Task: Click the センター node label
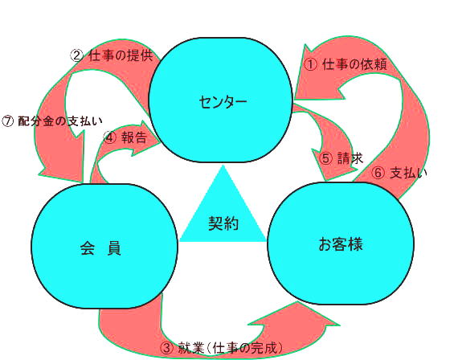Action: click(223, 102)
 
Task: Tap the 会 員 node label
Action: click(100, 248)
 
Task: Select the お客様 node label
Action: click(341, 243)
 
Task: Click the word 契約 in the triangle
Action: click(223, 223)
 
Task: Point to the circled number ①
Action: click(311, 64)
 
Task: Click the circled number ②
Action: click(77, 55)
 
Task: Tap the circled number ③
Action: click(167, 348)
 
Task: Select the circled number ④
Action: click(110, 137)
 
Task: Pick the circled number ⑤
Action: click(326, 158)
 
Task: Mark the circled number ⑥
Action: click(378, 173)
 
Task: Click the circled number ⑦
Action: click(8, 121)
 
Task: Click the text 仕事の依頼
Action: click(354, 64)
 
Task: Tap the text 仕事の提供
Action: click(121, 55)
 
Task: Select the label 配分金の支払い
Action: click(60, 121)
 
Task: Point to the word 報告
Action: click(134, 137)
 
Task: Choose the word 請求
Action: click(350, 158)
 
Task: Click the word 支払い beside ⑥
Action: click(408, 173)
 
